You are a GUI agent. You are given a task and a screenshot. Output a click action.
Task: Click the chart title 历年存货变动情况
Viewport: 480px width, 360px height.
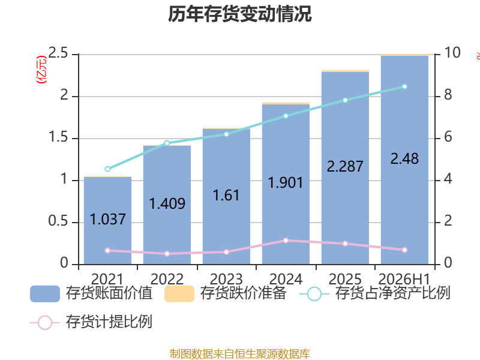pos(239,14)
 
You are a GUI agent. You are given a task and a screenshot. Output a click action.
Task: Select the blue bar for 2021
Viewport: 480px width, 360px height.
pos(108,220)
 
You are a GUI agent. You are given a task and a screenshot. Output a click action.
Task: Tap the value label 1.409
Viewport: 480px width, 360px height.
pos(167,203)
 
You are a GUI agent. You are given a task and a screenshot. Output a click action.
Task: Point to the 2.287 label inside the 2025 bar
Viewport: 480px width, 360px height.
pos(345,167)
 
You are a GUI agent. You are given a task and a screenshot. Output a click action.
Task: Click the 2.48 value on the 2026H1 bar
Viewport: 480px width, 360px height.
pos(404,159)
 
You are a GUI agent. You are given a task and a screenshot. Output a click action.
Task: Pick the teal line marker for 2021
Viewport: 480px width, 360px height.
pos(107,169)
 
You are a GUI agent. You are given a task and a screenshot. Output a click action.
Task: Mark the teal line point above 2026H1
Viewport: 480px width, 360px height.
pos(404,86)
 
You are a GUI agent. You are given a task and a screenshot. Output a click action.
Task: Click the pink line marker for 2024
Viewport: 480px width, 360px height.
pos(286,241)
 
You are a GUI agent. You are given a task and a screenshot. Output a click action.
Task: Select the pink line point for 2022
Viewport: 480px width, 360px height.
pos(167,253)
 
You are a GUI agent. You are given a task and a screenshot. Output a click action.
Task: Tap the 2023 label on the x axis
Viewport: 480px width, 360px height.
pos(226,279)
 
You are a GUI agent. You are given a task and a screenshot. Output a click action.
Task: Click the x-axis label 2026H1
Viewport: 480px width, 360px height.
pos(404,279)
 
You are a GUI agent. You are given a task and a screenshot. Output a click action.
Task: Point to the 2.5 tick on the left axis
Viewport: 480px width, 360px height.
pos(58,53)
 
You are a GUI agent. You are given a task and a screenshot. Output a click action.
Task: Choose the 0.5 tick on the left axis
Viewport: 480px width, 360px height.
pos(58,221)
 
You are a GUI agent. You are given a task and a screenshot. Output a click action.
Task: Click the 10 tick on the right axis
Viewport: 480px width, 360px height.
pos(452,53)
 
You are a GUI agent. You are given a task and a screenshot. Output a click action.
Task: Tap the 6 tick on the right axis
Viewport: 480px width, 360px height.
pos(448,137)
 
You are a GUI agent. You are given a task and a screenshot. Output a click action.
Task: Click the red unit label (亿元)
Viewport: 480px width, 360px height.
pos(41,70)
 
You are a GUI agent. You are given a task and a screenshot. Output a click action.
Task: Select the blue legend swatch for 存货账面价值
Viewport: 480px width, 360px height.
pos(44,294)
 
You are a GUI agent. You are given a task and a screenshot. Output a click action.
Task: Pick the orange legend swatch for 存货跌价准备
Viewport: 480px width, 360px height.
pos(179,294)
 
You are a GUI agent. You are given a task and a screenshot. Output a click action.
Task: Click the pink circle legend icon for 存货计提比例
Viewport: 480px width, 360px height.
pos(45,323)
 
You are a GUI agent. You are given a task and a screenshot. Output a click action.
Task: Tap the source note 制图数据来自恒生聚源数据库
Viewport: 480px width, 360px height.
pos(240,353)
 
